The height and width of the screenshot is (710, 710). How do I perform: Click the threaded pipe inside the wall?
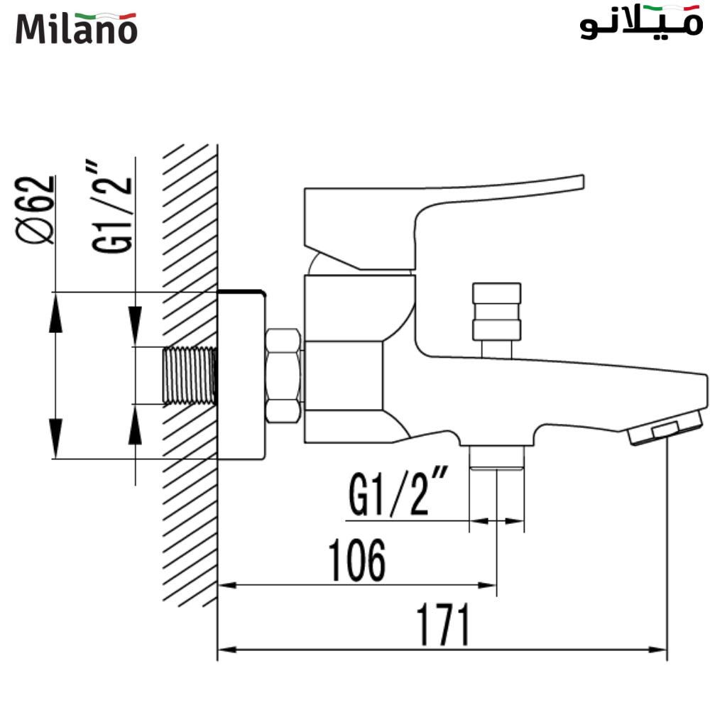pyautogui.click(x=190, y=376)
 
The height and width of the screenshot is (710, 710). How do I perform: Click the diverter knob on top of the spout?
pyautogui.click(x=496, y=312)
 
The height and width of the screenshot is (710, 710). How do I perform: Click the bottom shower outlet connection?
pyautogui.click(x=496, y=458)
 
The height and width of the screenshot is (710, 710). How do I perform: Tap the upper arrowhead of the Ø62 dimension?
pyautogui.click(x=55, y=312)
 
